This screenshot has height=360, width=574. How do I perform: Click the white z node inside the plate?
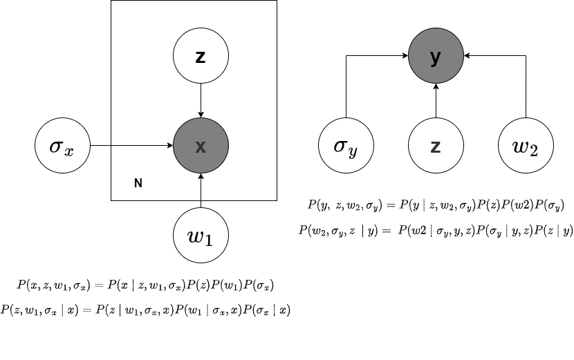[x=201, y=57]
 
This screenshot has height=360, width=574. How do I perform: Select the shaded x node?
[x=201, y=146]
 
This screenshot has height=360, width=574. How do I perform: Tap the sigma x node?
[x=62, y=146]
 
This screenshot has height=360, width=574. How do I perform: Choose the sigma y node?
[x=346, y=146]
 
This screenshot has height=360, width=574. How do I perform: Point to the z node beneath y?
[x=436, y=146]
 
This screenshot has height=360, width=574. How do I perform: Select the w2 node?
[x=526, y=146]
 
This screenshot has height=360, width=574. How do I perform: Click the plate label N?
[x=138, y=183]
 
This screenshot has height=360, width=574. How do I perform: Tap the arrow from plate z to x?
[x=201, y=101]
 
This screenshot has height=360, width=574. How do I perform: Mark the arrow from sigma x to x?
[x=131, y=146]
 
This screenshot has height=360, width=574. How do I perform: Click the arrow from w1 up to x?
[x=201, y=191]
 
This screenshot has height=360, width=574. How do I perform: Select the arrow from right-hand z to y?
[x=436, y=101]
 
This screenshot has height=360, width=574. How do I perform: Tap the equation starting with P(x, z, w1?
[x=146, y=285]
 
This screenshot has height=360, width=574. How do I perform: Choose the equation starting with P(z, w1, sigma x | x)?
[x=145, y=310]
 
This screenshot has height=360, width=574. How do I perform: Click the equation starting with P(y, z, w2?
[x=436, y=205]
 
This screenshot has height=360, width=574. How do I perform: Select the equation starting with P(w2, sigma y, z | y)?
[x=436, y=230]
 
